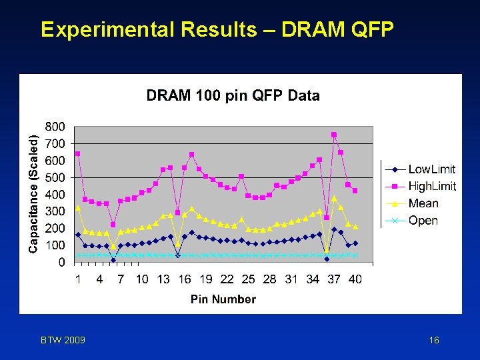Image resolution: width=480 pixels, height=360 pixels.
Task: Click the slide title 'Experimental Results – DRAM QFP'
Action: pyautogui.click(x=217, y=30)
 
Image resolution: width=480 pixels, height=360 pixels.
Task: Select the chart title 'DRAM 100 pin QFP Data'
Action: pyautogui.click(x=233, y=95)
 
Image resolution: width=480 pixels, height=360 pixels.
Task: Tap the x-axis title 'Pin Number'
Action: pyautogui.click(x=223, y=299)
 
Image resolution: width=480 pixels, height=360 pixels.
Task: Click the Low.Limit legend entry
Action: pyautogui.click(x=431, y=169)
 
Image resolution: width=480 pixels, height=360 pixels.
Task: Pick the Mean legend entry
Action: pyautogui.click(x=423, y=203)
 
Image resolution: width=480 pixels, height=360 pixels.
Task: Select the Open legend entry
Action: pyautogui.click(x=423, y=221)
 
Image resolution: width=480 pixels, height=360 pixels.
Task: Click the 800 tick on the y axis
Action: pyautogui.click(x=55, y=126)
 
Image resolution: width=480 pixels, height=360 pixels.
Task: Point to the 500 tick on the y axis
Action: pyautogui.click(x=55, y=177)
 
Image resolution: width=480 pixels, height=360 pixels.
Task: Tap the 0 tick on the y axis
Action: pyautogui.click(x=61, y=263)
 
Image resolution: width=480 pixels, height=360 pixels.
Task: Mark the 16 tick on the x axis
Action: pyautogui.click(x=185, y=279)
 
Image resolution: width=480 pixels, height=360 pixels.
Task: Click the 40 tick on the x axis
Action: pyautogui.click(x=355, y=279)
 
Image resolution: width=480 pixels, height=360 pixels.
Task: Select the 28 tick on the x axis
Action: pyautogui.click(x=270, y=279)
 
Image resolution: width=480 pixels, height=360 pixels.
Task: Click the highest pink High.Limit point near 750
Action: pyautogui.click(x=334, y=135)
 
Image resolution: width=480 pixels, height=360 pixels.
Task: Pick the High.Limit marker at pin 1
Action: pyautogui.click(x=78, y=153)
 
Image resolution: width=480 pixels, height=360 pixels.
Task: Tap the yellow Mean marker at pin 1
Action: pyautogui.click(x=78, y=208)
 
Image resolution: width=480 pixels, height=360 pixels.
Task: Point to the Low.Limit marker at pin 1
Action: pyautogui.click(x=78, y=235)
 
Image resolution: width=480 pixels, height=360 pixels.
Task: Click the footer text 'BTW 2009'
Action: pyautogui.click(x=63, y=341)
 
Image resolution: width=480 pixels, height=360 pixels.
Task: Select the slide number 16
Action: pyautogui.click(x=434, y=341)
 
